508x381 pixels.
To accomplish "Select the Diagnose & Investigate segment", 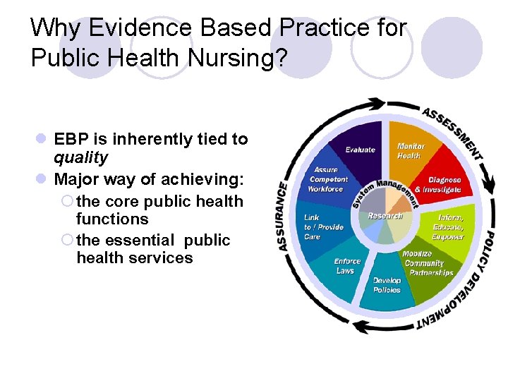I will pos(437,185).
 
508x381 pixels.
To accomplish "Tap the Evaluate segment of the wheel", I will pos(360,150).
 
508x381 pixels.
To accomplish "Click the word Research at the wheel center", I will pos(385,215).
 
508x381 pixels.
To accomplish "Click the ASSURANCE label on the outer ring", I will pos(284,215).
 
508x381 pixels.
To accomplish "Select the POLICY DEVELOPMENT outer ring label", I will pos(473,282).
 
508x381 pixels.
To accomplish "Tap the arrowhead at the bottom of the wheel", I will pos(359,326).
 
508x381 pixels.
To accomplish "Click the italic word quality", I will pos(81,157).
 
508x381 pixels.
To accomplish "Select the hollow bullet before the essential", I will pos(67,240).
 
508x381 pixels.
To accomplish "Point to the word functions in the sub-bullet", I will pos(112,219).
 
